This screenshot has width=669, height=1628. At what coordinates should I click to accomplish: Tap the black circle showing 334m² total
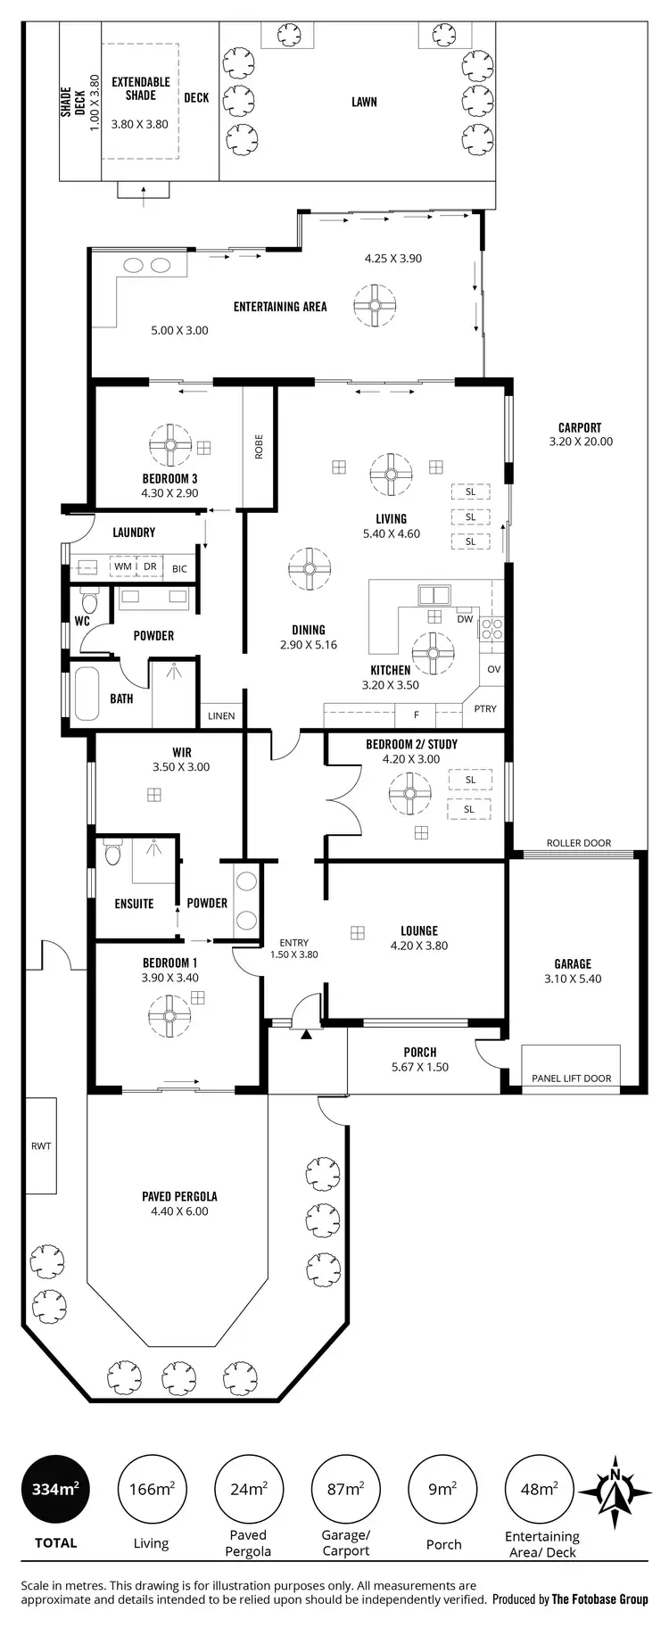click(55, 1489)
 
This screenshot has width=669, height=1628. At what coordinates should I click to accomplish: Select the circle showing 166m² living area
click(152, 1489)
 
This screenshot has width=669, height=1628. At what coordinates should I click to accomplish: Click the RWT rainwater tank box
click(41, 1145)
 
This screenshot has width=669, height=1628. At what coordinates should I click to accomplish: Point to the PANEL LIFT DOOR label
click(571, 1078)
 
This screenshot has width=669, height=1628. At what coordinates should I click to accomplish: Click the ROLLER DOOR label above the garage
click(578, 842)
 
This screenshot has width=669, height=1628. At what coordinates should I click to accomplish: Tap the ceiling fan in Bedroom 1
click(169, 1017)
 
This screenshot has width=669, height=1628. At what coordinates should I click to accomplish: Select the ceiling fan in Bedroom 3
click(169, 443)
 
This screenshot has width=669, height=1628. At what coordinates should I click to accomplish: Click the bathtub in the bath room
click(87, 693)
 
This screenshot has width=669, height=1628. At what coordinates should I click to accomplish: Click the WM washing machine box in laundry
click(122, 566)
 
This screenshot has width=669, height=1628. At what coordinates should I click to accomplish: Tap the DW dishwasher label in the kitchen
click(465, 618)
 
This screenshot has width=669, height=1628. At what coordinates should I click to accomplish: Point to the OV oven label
click(494, 668)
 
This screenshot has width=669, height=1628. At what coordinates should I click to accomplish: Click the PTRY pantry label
click(485, 708)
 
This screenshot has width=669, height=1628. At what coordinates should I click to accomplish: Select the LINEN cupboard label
click(221, 715)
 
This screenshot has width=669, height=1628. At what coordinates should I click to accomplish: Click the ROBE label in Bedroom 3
click(259, 446)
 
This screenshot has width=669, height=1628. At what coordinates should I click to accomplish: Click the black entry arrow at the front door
click(307, 1034)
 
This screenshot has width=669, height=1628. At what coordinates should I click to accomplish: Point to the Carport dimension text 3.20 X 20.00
click(581, 441)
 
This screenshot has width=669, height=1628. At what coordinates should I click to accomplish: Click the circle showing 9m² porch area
click(442, 1489)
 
